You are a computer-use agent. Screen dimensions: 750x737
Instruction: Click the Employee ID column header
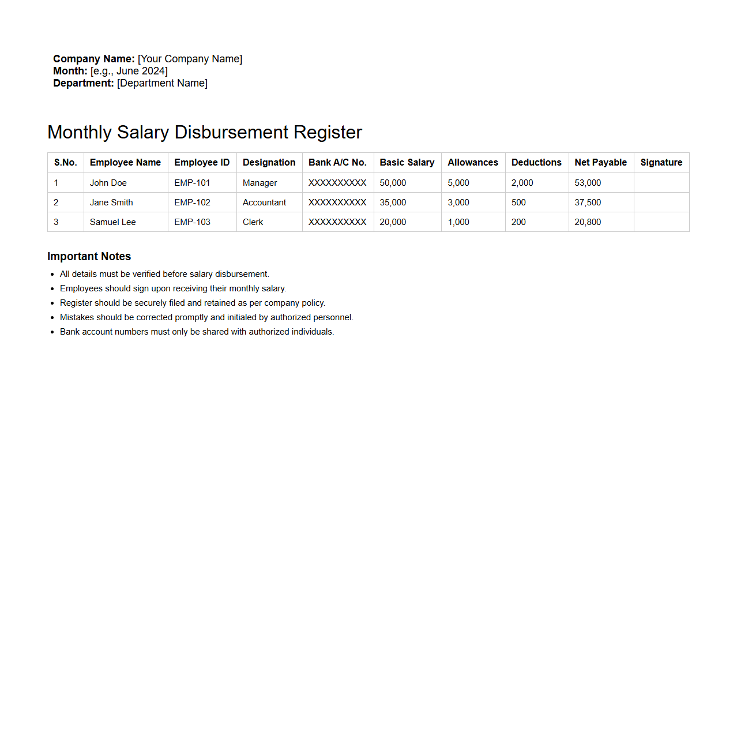[202, 163]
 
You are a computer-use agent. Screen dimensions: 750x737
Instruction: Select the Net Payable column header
[600, 163]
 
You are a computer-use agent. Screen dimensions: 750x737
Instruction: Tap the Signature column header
[661, 163]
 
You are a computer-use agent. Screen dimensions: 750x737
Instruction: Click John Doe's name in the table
[108, 183]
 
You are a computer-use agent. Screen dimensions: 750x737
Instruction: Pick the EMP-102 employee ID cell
[192, 202]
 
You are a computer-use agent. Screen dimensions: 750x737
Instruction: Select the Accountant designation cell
[264, 202]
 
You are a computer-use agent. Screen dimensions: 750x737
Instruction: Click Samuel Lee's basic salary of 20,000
[393, 222]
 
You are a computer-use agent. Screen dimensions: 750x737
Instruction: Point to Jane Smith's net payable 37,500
[588, 202]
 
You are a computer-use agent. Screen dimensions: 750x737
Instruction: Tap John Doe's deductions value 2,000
[522, 183]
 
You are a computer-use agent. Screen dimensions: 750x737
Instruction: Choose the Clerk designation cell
[253, 222]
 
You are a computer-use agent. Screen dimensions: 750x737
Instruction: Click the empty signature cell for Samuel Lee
[661, 222]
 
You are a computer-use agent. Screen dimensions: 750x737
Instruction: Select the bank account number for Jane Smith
[337, 202]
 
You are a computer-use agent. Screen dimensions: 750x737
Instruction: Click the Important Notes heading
[89, 257]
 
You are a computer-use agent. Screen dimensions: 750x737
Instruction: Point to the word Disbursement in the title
[231, 132]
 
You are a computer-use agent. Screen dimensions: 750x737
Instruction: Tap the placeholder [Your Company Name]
[190, 59]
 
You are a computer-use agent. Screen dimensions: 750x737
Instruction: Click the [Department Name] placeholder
[162, 83]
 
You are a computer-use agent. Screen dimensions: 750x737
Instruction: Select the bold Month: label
[70, 71]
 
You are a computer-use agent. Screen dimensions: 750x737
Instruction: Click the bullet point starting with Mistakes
[206, 317]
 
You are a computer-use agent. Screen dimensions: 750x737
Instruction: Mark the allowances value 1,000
[458, 222]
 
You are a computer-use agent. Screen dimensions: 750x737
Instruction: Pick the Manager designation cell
[260, 183]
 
